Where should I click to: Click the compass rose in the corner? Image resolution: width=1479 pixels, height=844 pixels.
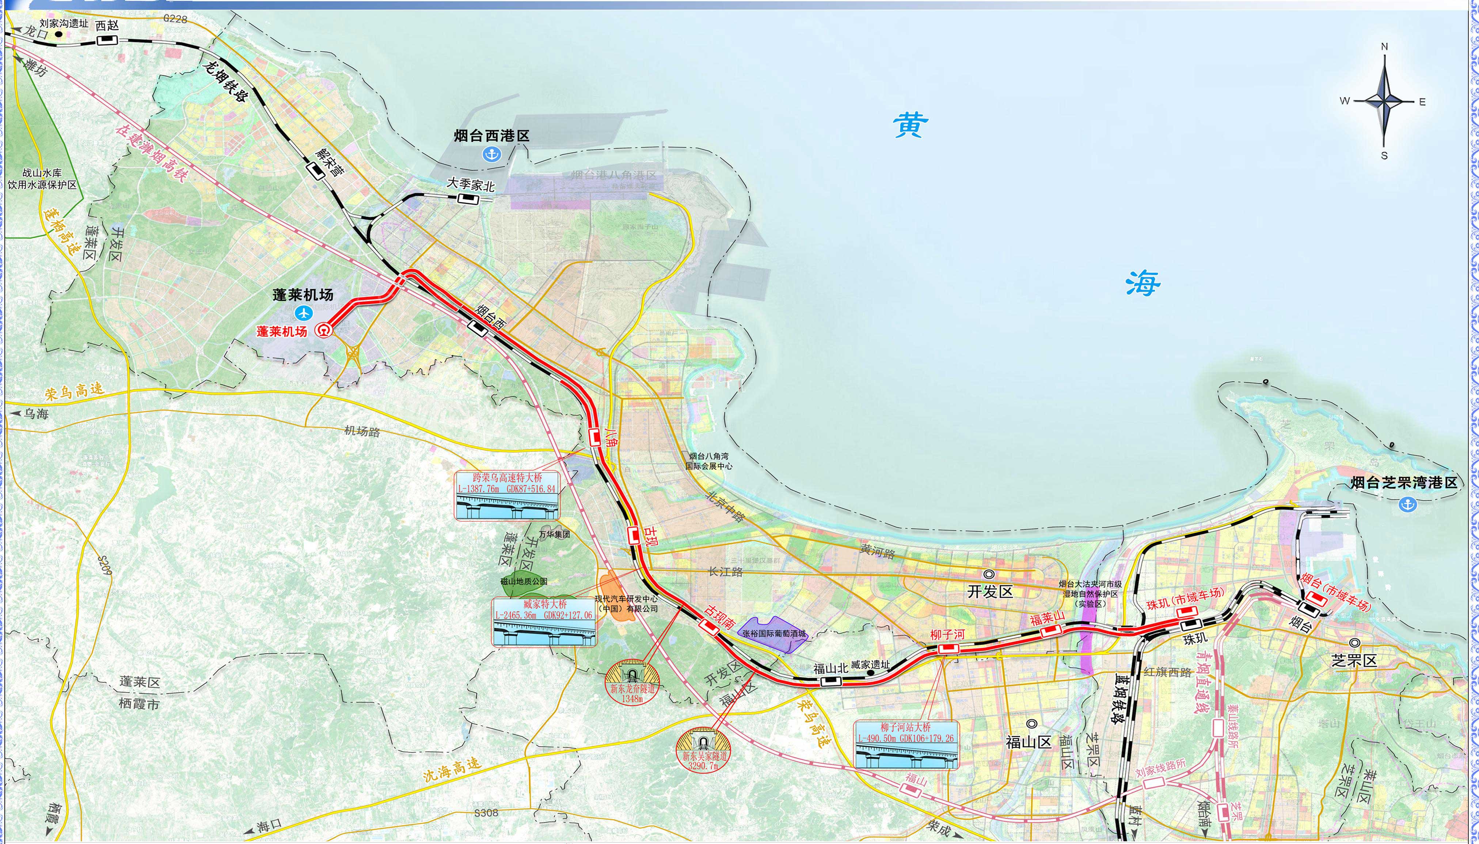click(1384, 102)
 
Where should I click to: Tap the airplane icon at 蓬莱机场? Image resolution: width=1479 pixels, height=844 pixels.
click(304, 313)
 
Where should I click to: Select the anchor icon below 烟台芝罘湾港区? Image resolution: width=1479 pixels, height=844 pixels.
click(1407, 504)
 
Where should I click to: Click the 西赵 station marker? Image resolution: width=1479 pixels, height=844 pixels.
click(107, 39)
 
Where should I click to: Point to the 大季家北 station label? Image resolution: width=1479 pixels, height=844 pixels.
click(471, 185)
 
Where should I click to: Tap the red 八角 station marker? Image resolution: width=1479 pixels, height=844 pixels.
click(594, 437)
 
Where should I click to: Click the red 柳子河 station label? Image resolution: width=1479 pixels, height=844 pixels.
click(947, 635)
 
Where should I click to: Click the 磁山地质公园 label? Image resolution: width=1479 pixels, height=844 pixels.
click(523, 581)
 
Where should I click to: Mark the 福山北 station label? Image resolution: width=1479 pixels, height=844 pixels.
click(830, 668)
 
